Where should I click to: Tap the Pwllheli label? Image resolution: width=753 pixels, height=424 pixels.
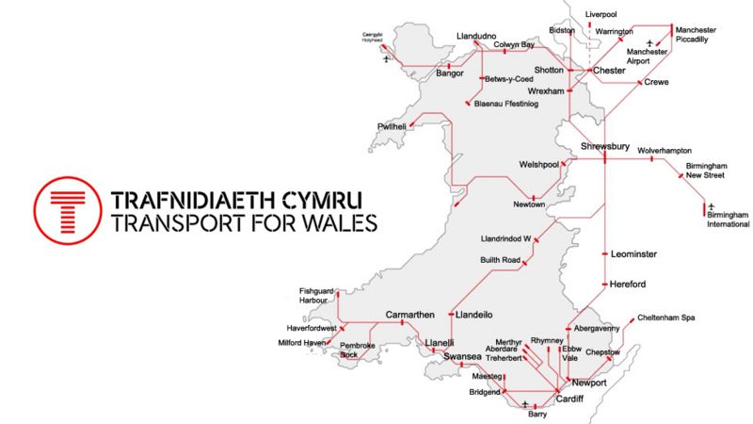[x=391, y=126]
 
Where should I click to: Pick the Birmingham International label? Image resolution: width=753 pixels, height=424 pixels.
[x=729, y=220]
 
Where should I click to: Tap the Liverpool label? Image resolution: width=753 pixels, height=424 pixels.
[x=601, y=15]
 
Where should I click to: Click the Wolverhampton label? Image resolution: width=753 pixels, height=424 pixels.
[x=665, y=151]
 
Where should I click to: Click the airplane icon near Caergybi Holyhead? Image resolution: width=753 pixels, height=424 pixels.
[x=387, y=59]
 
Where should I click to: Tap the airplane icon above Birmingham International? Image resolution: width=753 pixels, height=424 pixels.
[x=712, y=204]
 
